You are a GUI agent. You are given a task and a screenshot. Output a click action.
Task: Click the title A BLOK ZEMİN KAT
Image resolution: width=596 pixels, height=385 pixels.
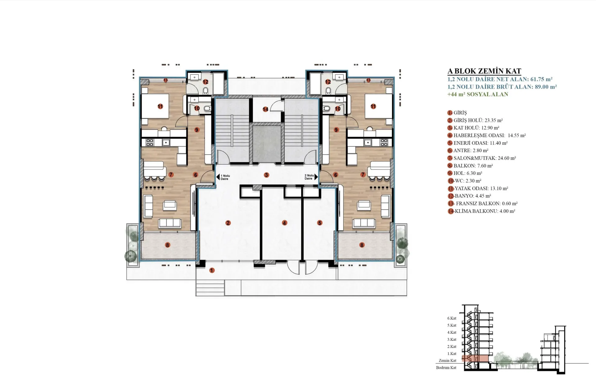484,71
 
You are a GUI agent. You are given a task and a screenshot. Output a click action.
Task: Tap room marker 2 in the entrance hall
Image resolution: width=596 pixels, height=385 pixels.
228,223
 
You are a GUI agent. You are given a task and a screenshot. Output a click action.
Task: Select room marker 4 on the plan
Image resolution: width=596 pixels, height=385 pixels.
285,223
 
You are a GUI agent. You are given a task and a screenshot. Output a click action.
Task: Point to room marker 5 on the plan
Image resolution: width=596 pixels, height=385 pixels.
320,223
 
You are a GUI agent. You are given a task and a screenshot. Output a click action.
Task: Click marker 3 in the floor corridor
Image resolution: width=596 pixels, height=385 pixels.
266,175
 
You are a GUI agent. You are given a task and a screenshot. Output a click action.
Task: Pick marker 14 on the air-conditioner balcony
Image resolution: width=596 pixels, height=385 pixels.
265,109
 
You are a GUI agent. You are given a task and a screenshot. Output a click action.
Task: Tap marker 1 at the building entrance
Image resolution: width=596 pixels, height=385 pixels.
212,270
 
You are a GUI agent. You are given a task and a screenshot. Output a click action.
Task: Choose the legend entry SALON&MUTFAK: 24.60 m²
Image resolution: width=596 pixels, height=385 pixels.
482,158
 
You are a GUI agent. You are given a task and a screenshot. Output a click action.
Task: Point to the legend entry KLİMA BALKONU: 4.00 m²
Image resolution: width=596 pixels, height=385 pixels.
481,211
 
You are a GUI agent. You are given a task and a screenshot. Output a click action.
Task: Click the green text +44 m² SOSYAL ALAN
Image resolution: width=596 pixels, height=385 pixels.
478,94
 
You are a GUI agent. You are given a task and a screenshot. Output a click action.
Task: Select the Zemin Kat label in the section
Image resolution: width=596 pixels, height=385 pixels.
448,361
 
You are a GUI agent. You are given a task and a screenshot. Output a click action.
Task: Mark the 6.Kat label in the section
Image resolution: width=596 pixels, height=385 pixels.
452,318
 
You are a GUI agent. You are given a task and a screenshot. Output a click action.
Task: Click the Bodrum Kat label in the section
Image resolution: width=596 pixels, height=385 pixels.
446,368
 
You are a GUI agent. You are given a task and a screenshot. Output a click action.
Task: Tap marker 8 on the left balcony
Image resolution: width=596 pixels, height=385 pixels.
168,245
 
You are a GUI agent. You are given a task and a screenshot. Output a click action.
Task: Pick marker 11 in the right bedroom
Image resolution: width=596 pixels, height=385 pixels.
373,106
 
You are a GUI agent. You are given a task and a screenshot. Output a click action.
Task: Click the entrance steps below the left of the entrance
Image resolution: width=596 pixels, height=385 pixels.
210,288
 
